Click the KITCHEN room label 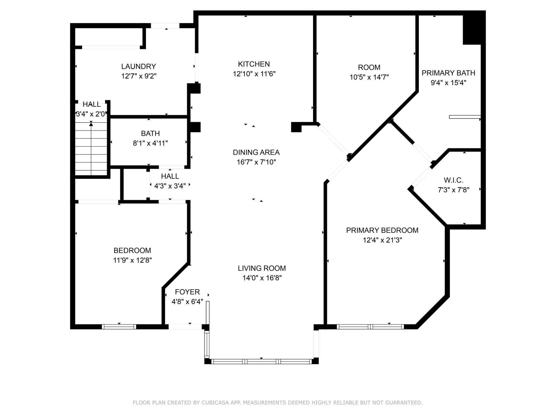(x=254, y=64)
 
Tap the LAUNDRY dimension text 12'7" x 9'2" (x=138, y=76)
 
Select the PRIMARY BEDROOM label (x=382, y=230)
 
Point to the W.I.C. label (x=453, y=180)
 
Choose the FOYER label (x=187, y=292)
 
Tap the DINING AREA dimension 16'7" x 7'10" (x=256, y=162)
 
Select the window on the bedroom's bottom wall (x=119, y=327)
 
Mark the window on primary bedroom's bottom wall (x=370, y=327)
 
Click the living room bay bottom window (x=261, y=361)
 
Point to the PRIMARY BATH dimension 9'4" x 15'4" (x=448, y=83)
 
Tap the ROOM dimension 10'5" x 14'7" (x=369, y=77)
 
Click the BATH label (x=150, y=133)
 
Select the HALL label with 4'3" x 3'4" (x=170, y=176)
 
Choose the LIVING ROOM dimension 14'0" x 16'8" (x=262, y=278)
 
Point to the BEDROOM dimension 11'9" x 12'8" (x=132, y=260)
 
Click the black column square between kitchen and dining (x=296, y=127)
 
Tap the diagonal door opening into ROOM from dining (x=333, y=140)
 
